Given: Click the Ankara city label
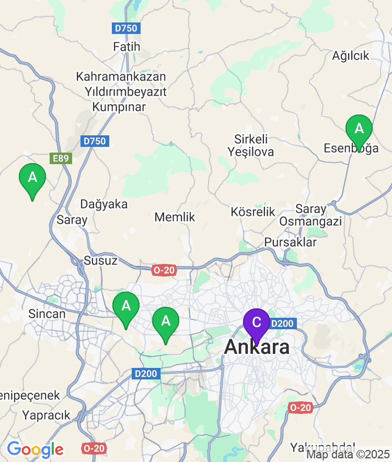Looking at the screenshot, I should (257, 347).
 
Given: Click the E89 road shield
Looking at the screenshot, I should (61, 158).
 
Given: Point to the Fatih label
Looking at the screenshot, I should (126, 47).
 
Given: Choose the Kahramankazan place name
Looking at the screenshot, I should (121, 77).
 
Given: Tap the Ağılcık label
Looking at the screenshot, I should (351, 56).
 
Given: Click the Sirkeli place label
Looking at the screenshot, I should (251, 139).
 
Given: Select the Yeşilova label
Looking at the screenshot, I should (250, 152).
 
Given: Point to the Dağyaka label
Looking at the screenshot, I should (104, 204).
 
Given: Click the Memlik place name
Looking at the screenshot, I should (175, 217).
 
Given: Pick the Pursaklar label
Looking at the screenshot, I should (291, 242).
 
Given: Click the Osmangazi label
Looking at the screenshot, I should (310, 222).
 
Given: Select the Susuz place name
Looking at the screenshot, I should (100, 261).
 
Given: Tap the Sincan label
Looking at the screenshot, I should (47, 314).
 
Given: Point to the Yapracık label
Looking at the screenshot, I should (46, 415).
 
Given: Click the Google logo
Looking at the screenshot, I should (35, 449).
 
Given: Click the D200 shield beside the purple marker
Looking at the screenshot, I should (283, 324).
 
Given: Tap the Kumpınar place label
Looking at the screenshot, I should (119, 107).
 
